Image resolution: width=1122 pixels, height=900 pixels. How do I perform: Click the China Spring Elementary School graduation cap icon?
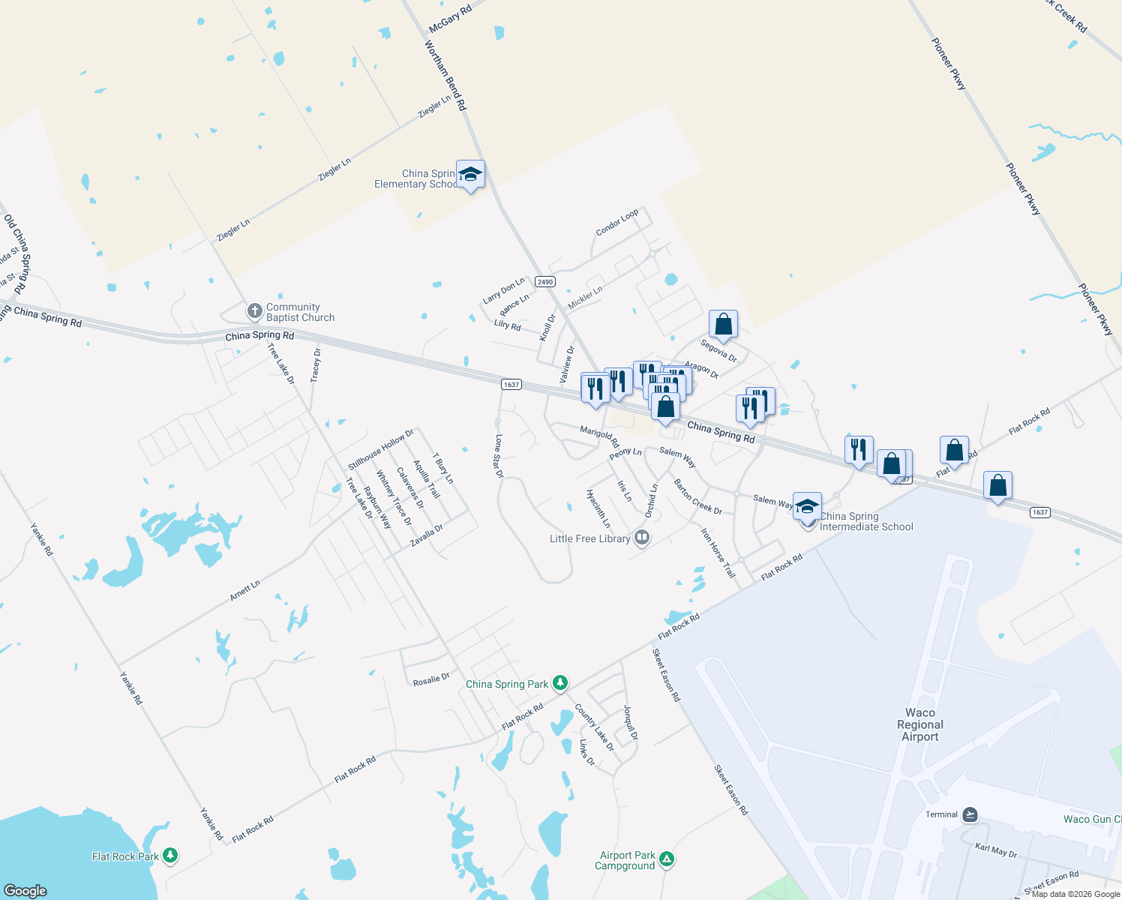click(470, 175)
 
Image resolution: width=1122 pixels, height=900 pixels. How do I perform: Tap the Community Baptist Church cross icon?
click(255, 311)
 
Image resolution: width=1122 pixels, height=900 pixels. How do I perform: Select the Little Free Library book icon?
click(641, 538)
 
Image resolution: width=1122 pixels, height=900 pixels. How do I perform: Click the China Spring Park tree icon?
click(560, 683)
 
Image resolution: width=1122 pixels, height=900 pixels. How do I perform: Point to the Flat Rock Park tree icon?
click(170, 856)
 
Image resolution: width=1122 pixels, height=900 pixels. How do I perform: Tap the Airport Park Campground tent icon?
click(667, 859)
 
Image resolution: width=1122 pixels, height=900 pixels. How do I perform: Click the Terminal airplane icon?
click(970, 814)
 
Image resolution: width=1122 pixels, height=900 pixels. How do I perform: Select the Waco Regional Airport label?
click(920, 724)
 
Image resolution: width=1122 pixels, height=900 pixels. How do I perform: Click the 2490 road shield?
click(545, 282)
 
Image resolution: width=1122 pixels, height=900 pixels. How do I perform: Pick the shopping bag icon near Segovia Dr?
click(724, 325)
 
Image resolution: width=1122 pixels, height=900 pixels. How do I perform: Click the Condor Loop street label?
click(617, 222)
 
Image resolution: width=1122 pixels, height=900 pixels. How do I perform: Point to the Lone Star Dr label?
click(499, 455)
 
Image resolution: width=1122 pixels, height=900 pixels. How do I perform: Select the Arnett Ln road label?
click(245, 590)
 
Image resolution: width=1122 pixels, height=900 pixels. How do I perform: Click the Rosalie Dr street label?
click(431, 679)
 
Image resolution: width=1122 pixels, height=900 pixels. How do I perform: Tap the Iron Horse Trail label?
click(718, 553)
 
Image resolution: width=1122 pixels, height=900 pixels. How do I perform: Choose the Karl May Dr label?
click(996, 850)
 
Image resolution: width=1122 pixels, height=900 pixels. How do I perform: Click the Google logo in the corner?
click(25, 890)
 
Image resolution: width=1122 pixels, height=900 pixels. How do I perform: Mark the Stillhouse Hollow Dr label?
click(381, 449)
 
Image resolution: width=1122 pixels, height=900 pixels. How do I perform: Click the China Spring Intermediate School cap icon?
click(807, 506)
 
